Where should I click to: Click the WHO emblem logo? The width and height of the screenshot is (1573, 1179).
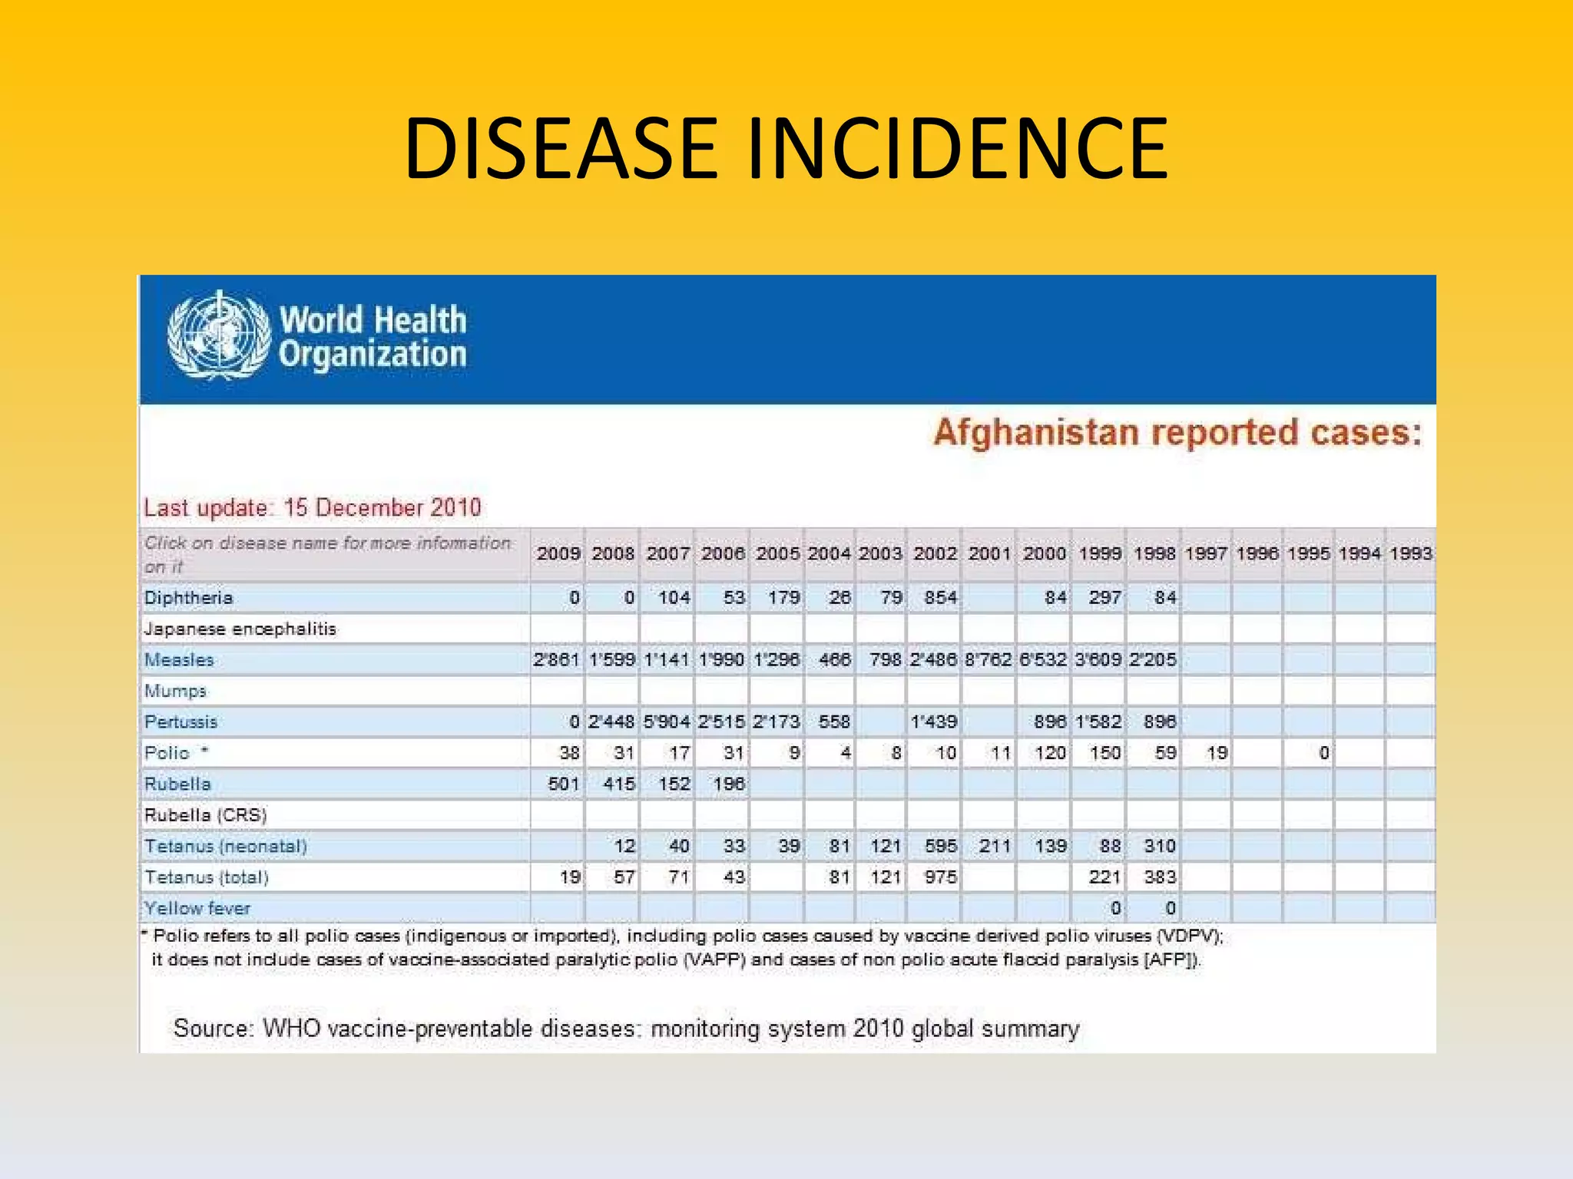(219, 335)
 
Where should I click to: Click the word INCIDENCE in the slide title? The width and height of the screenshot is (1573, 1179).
(957, 149)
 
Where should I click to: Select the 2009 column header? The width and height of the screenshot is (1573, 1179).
(558, 553)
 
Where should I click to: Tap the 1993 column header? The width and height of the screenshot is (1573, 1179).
(1410, 553)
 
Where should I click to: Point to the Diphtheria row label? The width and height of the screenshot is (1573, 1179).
(188, 598)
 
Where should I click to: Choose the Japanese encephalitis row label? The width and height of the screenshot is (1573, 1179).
(240, 629)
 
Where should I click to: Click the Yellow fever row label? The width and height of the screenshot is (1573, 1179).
(197, 909)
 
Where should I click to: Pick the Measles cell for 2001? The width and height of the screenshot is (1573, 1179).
(988, 660)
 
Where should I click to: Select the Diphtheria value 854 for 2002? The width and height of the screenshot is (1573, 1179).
(940, 598)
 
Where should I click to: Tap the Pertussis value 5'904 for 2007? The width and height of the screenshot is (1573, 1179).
(667, 722)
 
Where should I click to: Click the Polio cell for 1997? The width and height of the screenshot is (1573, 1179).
(1217, 753)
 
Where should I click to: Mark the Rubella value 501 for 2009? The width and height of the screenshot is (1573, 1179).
(563, 784)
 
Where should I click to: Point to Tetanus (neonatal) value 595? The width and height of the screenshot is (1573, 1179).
(940, 847)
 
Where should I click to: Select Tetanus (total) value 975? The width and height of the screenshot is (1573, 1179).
(940, 877)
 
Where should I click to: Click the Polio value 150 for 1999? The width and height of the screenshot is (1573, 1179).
(1104, 753)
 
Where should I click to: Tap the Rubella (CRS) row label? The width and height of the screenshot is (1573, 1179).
(205, 815)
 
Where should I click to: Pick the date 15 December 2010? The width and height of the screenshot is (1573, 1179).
(382, 508)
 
